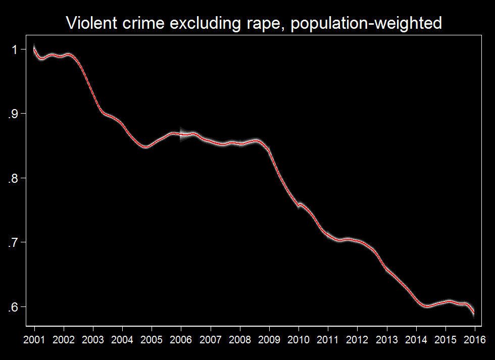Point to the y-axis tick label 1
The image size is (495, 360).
point(16,49)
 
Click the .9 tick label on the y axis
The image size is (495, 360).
point(14,114)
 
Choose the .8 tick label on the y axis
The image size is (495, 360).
point(14,178)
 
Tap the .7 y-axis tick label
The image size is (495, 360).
point(14,243)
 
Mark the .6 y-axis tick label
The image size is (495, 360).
point(14,307)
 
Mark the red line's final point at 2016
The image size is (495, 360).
point(474,314)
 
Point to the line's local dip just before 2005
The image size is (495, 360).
point(145,147)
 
